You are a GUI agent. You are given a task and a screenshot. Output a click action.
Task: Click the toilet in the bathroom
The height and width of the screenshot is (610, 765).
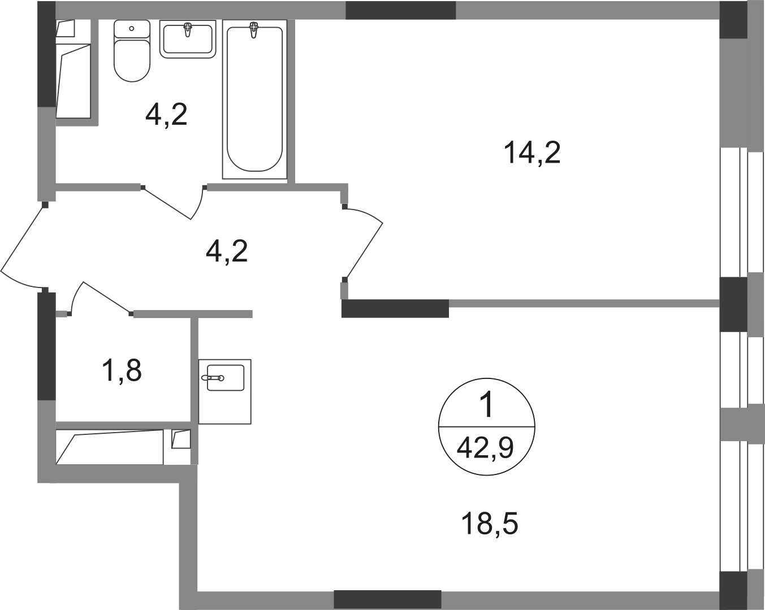132,51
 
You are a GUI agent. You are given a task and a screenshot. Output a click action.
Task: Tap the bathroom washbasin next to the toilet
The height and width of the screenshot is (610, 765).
188,39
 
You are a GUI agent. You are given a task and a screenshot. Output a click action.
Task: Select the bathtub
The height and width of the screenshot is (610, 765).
254,99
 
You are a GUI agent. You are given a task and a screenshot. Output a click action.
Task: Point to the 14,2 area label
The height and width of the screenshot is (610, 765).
532,152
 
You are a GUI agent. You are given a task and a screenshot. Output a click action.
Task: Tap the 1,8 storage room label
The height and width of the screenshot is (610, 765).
122,371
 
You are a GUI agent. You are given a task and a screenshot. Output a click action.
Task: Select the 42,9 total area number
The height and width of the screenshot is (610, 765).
485,448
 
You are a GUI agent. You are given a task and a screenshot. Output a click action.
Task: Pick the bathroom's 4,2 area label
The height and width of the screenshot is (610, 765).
166,114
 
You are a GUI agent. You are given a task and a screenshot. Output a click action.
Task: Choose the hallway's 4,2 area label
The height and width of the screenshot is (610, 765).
226,251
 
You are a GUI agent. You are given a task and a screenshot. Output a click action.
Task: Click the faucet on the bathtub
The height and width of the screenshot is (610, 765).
253,29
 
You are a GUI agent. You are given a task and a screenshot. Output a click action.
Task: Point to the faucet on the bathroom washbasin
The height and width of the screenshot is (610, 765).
188,29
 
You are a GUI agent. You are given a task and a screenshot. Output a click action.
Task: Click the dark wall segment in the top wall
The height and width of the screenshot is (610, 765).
401,10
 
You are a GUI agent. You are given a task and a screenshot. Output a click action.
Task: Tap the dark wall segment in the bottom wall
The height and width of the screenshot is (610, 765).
387,599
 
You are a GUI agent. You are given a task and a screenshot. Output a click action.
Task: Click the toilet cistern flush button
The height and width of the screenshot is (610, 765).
132,28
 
